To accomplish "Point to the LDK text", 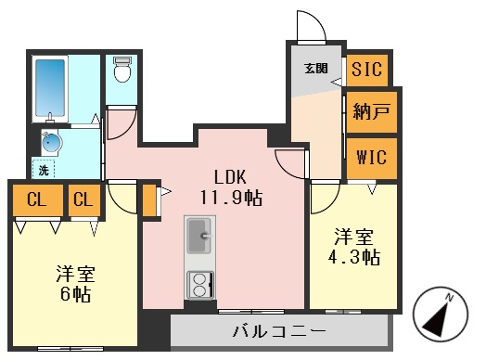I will click(229, 176).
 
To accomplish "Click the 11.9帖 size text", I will click(229, 197).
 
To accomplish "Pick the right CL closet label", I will click(83, 199).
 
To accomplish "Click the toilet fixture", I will click(121, 71).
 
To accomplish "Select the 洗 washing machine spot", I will click(44, 169).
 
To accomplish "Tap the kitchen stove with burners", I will click(199, 286).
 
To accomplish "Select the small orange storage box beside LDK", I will click(148, 199).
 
